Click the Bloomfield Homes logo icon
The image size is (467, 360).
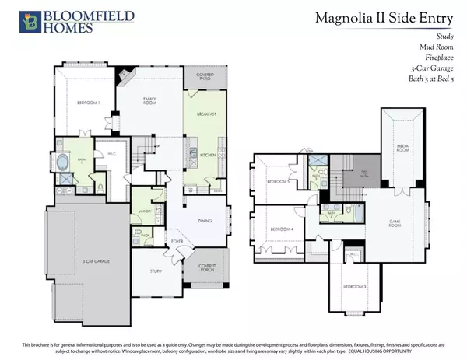tap(30, 22)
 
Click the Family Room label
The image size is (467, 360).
tap(149, 101)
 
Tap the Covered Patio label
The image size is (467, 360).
tap(205, 79)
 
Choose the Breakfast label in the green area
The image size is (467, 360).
tap(205, 113)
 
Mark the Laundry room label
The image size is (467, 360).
tap(142, 210)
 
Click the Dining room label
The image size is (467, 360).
tap(205, 222)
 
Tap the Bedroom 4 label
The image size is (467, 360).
tap(280, 230)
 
